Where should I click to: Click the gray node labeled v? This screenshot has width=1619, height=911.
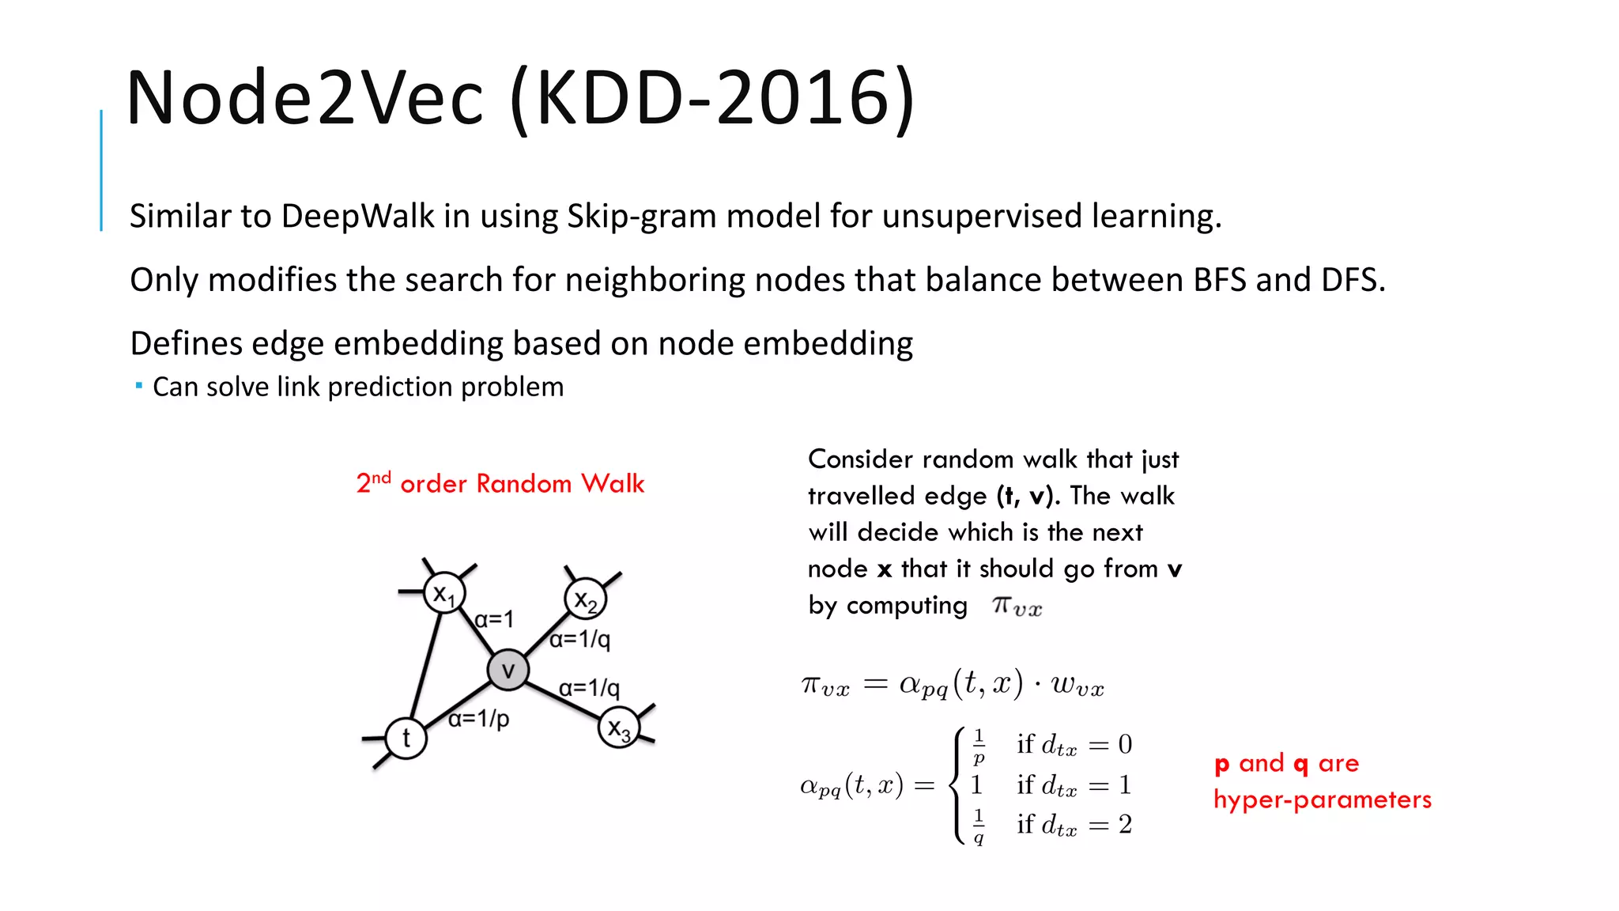coord(508,671)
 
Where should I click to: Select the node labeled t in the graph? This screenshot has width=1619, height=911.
coord(406,738)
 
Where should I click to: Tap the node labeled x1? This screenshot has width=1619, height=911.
coord(444,593)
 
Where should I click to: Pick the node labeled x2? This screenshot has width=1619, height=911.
coord(586,599)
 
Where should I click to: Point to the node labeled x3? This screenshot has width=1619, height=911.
coord(618,728)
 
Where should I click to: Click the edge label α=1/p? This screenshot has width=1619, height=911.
coord(478,719)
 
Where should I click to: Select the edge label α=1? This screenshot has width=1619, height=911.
coord(494,619)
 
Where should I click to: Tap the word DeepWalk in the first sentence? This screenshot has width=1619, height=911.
coord(357,216)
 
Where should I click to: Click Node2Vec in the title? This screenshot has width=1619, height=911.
coord(304,98)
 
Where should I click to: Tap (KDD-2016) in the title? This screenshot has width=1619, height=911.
coord(712,98)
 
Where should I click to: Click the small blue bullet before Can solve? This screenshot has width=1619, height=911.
coord(138,386)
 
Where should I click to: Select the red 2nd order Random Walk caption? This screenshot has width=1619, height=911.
coord(500,483)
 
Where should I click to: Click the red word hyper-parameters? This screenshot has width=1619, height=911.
coord(1323,799)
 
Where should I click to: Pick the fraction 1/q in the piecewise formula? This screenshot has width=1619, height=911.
coord(979,826)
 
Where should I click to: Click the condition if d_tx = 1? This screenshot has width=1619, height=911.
coord(1074,784)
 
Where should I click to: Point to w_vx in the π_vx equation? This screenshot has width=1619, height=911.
coord(1077,685)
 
